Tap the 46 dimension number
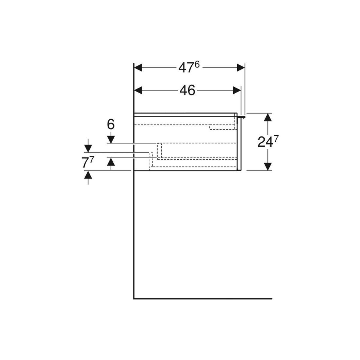pyautogui.click(x=187, y=90)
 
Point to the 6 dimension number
pyautogui.click(x=111, y=124)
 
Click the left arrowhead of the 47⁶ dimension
pyautogui.click(x=138, y=67)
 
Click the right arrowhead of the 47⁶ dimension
pyautogui.click(x=241, y=67)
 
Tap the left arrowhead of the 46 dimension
pyautogui.click(x=138, y=90)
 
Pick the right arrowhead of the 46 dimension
pyautogui.click(x=237, y=90)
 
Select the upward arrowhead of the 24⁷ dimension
pyautogui.click(x=268, y=117)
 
